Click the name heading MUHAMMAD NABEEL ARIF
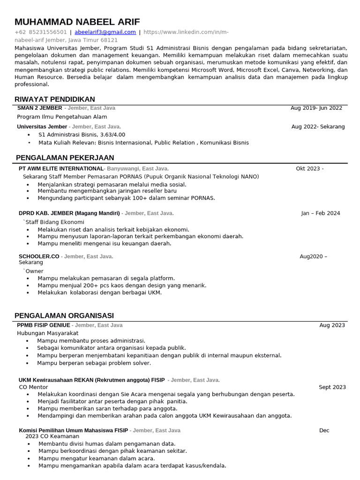(x=77, y=22)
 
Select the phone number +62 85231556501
(x=41, y=32)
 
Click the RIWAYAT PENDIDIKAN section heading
(x=55, y=99)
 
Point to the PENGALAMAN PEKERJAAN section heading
(x=65, y=157)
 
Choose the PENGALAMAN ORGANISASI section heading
(x=64, y=315)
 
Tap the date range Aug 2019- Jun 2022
(x=316, y=108)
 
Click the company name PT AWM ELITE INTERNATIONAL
(x=61, y=169)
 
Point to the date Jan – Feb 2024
(x=321, y=213)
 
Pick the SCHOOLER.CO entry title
(x=39, y=256)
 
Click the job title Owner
(x=34, y=271)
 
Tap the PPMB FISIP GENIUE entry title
(x=44, y=325)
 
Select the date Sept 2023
(x=332, y=387)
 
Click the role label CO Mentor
(x=33, y=387)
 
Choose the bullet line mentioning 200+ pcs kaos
(x=122, y=285)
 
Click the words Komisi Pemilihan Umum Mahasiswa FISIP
(x=74, y=430)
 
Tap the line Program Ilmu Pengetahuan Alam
(x=62, y=117)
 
